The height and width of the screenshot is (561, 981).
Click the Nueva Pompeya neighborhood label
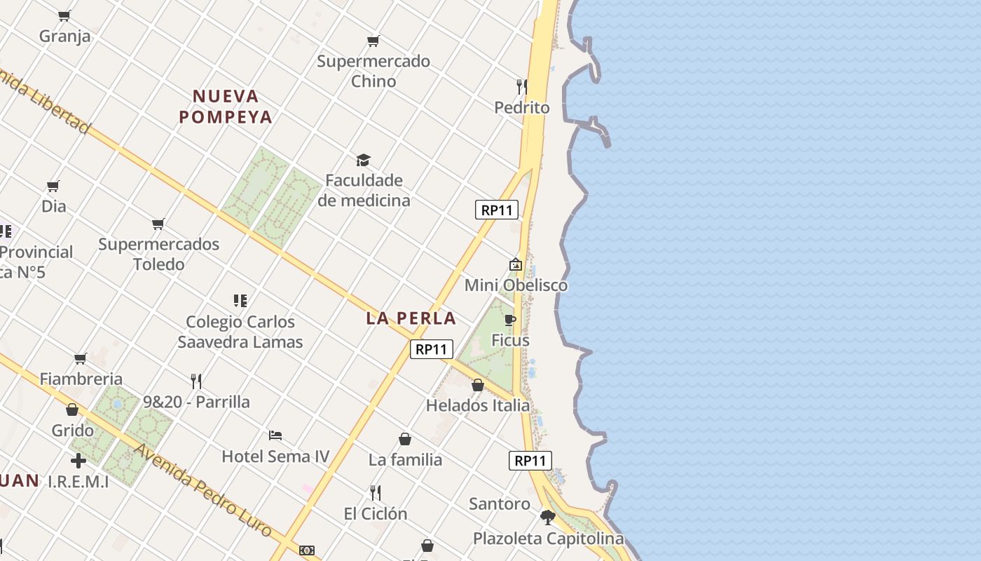(226, 107)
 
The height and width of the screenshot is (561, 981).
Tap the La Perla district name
(411, 318)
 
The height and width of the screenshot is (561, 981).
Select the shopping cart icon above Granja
(64, 15)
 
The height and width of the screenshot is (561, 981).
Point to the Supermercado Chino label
(373, 71)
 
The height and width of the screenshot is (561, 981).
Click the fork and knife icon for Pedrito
(521, 87)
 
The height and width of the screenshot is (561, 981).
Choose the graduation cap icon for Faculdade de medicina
(363, 161)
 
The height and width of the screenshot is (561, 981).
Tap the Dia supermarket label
(54, 206)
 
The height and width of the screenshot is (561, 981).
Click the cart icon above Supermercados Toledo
(158, 224)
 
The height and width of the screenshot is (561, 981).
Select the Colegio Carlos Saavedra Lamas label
(240, 332)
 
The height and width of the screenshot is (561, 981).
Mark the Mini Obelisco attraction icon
(516, 264)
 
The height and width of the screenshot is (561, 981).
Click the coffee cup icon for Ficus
(510, 320)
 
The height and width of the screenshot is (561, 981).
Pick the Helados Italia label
(478, 405)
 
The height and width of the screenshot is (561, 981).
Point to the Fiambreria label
(81, 379)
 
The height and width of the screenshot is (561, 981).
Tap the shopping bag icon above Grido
(72, 410)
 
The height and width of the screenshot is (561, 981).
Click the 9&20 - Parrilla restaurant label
(196, 402)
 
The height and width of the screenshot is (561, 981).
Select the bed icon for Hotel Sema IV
(275, 435)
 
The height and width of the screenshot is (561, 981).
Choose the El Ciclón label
(376, 513)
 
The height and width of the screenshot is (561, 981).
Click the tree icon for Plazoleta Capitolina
(548, 518)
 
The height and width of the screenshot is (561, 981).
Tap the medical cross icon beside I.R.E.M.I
(78, 461)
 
